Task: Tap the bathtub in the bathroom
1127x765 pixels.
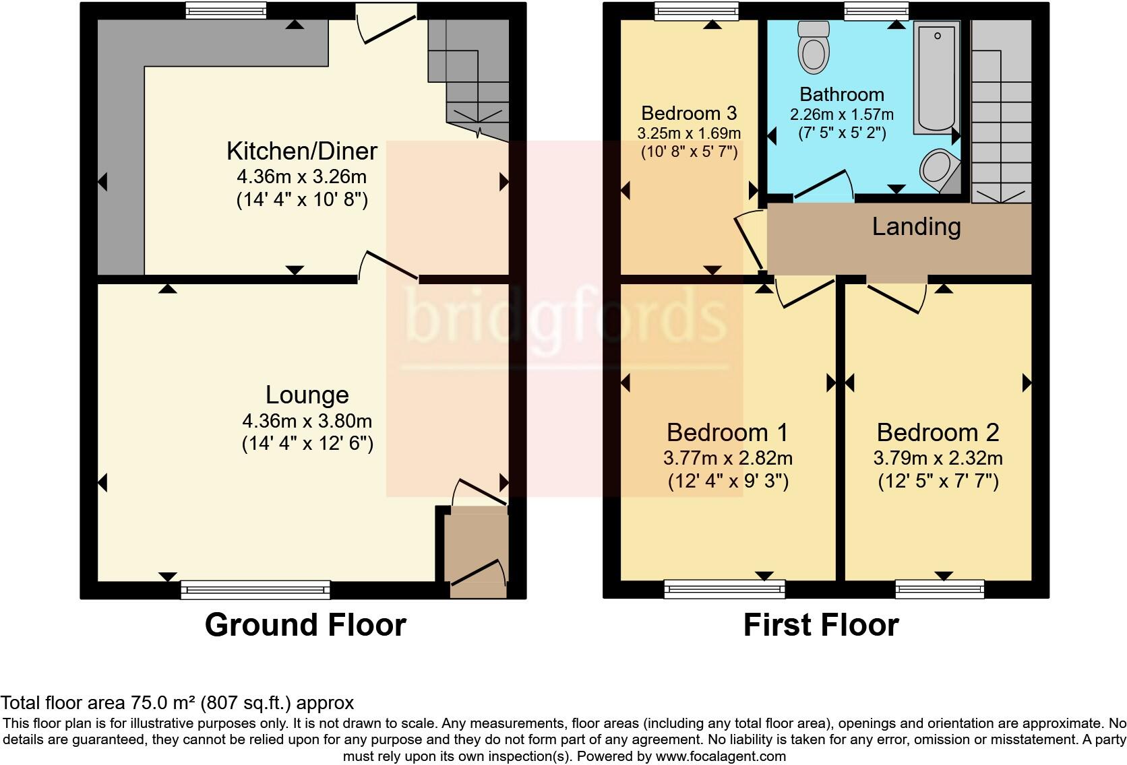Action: point(936,77)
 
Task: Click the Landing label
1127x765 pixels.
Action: point(916,226)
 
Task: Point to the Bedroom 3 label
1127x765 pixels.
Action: point(689,113)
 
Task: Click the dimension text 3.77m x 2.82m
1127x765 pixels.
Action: point(727,459)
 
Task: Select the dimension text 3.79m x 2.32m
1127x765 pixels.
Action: point(938,459)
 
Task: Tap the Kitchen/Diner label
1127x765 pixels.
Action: point(301,151)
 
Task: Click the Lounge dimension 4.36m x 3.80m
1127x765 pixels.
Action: point(307,422)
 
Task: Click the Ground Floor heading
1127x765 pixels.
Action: point(305,625)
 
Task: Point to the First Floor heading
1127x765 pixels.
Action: point(820,625)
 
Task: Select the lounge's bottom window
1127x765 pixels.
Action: point(255,590)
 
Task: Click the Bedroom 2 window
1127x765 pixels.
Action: point(940,590)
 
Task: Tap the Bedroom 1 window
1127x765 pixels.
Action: point(725,590)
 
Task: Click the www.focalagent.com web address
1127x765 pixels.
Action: point(720,756)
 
